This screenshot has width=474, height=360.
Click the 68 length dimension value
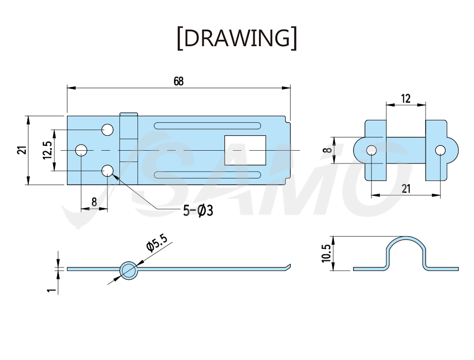click(179, 81)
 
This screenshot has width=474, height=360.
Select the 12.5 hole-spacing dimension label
click(48, 150)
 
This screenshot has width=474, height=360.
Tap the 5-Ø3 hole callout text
click(198, 210)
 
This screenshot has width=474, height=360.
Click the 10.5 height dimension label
click(326, 254)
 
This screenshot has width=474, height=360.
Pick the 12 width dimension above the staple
click(406, 98)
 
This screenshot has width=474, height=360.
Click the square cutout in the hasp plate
click(245, 150)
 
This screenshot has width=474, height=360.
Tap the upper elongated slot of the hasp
click(207, 125)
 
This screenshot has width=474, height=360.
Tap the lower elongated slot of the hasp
click(207, 175)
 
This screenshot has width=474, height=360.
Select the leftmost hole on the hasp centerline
click(81, 150)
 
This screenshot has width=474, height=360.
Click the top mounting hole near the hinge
click(108, 130)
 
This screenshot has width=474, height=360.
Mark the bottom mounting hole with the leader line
click(108, 171)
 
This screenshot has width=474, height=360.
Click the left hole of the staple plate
click(372, 150)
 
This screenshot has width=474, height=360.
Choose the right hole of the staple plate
click(440, 150)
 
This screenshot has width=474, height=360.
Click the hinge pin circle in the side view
click(129, 269)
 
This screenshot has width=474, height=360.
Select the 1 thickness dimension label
click(52, 290)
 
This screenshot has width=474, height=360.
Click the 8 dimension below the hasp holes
click(94, 202)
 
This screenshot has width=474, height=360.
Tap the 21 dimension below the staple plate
click(406, 189)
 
